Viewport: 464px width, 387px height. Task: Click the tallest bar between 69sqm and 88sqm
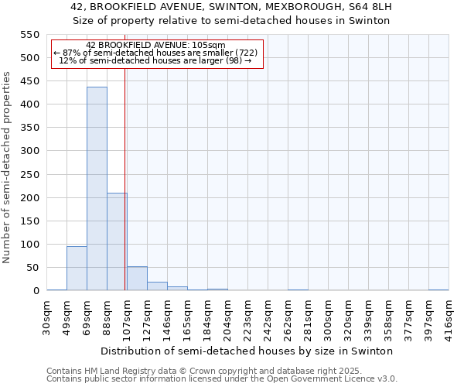pyautogui.click(x=97, y=189)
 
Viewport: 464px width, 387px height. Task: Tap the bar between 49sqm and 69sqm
pyautogui.click(x=77, y=268)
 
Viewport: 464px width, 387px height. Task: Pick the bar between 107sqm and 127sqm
pyautogui.click(x=137, y=279)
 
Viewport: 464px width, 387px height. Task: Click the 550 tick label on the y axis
pyautogui.click(x=29, y=35)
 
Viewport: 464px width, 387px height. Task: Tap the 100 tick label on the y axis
pyautogui.click(x=29, y=245)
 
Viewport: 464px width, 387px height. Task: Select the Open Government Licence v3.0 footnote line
pyautogui.click(x=222, y=379)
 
